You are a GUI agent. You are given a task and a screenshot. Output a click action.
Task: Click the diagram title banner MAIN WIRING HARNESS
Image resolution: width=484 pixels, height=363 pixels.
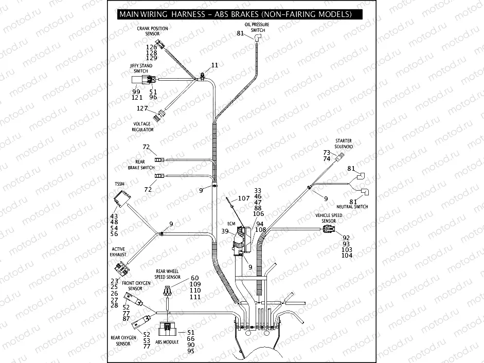tap(235, 14)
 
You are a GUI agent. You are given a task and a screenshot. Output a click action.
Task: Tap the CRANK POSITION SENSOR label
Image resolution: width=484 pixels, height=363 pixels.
tap(152, 31)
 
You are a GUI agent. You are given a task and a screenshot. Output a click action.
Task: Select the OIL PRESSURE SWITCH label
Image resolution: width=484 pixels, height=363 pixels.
tap(258, 27)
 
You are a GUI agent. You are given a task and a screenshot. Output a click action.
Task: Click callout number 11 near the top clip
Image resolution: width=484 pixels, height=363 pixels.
tap(214, 65)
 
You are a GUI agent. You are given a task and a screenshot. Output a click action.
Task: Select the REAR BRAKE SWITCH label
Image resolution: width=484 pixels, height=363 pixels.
tap(140, 165)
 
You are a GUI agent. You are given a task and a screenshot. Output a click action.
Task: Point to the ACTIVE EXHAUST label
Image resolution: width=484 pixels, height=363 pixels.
tap(118, 252)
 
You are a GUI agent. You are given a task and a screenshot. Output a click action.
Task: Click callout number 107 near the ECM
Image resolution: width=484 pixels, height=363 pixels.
tap(243, 198)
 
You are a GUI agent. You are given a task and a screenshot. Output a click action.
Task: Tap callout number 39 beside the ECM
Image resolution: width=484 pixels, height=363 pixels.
tap(224, 232)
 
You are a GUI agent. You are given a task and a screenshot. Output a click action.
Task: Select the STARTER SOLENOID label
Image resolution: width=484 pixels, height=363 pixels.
tap(344, 143)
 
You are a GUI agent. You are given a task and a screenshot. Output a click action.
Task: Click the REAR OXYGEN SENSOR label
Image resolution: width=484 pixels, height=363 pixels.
tap(123, 340)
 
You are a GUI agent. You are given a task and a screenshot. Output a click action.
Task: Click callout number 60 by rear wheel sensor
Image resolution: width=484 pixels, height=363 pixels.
tap(194, 278)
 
